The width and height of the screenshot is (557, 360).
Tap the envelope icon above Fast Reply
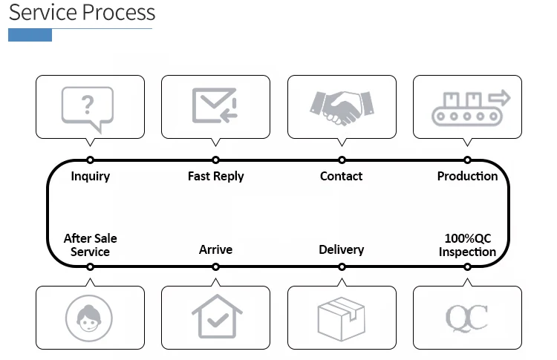[215, 105]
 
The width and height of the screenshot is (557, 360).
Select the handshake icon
[342, 107]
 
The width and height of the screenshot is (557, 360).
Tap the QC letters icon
[467, 318]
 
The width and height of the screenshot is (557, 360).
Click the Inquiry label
[91, 176]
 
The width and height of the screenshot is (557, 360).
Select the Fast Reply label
[215, 176]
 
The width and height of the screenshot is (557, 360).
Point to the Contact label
[342, 176]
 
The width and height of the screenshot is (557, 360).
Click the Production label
[467, 176]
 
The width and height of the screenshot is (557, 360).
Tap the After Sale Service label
[91, 245]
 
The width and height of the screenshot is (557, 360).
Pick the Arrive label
[215, 249]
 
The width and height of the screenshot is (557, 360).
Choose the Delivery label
[342, 249]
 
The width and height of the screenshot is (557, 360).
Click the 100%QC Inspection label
[467, 245]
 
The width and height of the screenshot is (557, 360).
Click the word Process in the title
[120, 13]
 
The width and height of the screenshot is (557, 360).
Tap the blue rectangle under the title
[30, 35]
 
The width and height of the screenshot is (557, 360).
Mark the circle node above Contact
[342, 160]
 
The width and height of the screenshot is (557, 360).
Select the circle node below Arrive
[215, 266]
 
